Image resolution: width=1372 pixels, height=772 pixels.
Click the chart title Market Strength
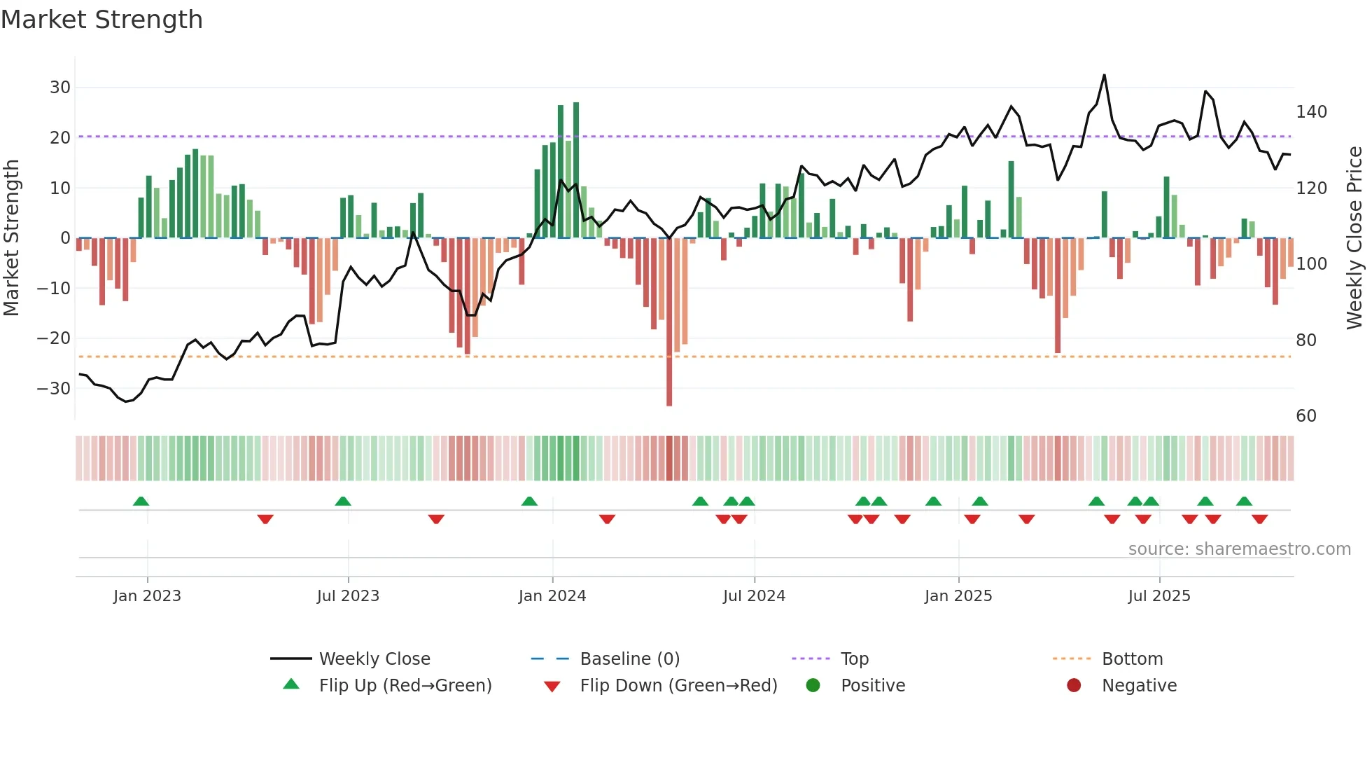click(x=101, y=20)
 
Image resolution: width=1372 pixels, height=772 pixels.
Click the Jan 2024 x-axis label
click(x=552, y=596)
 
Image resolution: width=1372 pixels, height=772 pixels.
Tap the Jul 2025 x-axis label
click(x=1159, y=596)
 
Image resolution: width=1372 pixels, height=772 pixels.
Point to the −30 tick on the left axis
click(x=54, y=389)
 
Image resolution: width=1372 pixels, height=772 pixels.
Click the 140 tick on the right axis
click(x=1311, y=112)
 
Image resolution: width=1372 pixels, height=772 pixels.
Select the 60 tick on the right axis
click(x=1306, y=416)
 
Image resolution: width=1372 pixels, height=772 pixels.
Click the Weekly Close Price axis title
click(x=1355, y=238)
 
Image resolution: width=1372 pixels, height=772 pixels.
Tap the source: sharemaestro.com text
click(x=1239, y=549)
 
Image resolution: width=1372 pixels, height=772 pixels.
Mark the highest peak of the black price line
click(x=1105, y=76)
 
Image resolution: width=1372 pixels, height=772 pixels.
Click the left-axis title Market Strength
click(x=11, y=238)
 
